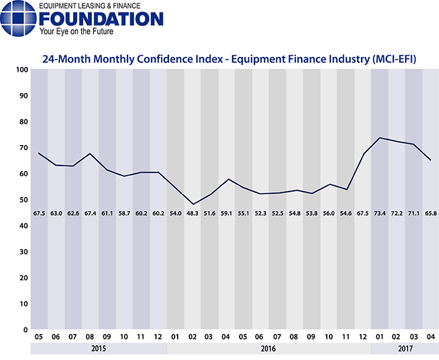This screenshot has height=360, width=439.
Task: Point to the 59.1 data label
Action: click(x=227, y=213)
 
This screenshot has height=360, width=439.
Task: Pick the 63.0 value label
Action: click(x=56, y=213)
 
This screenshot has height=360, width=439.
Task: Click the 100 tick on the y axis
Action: click(x=20, y=70)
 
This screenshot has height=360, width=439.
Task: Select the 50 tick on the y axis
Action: click(x=22, y=200)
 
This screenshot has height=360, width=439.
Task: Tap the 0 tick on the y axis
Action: click(x=24, y=330)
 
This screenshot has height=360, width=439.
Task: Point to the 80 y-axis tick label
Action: click(x=22, y=122)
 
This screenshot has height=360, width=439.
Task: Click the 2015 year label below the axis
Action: click(x=98, y=349)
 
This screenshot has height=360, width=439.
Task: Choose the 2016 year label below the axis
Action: click(x=269, y=349)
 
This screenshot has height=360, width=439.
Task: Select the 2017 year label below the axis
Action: click(x=405, y=349)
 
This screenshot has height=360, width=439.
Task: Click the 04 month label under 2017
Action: click(x=430, y=338)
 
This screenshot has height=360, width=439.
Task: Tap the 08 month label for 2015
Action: click(x=90, y=338)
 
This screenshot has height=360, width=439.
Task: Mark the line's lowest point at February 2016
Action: click(x=193, y=204)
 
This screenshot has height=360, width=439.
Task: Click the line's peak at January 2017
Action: click(x=380, y=138)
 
